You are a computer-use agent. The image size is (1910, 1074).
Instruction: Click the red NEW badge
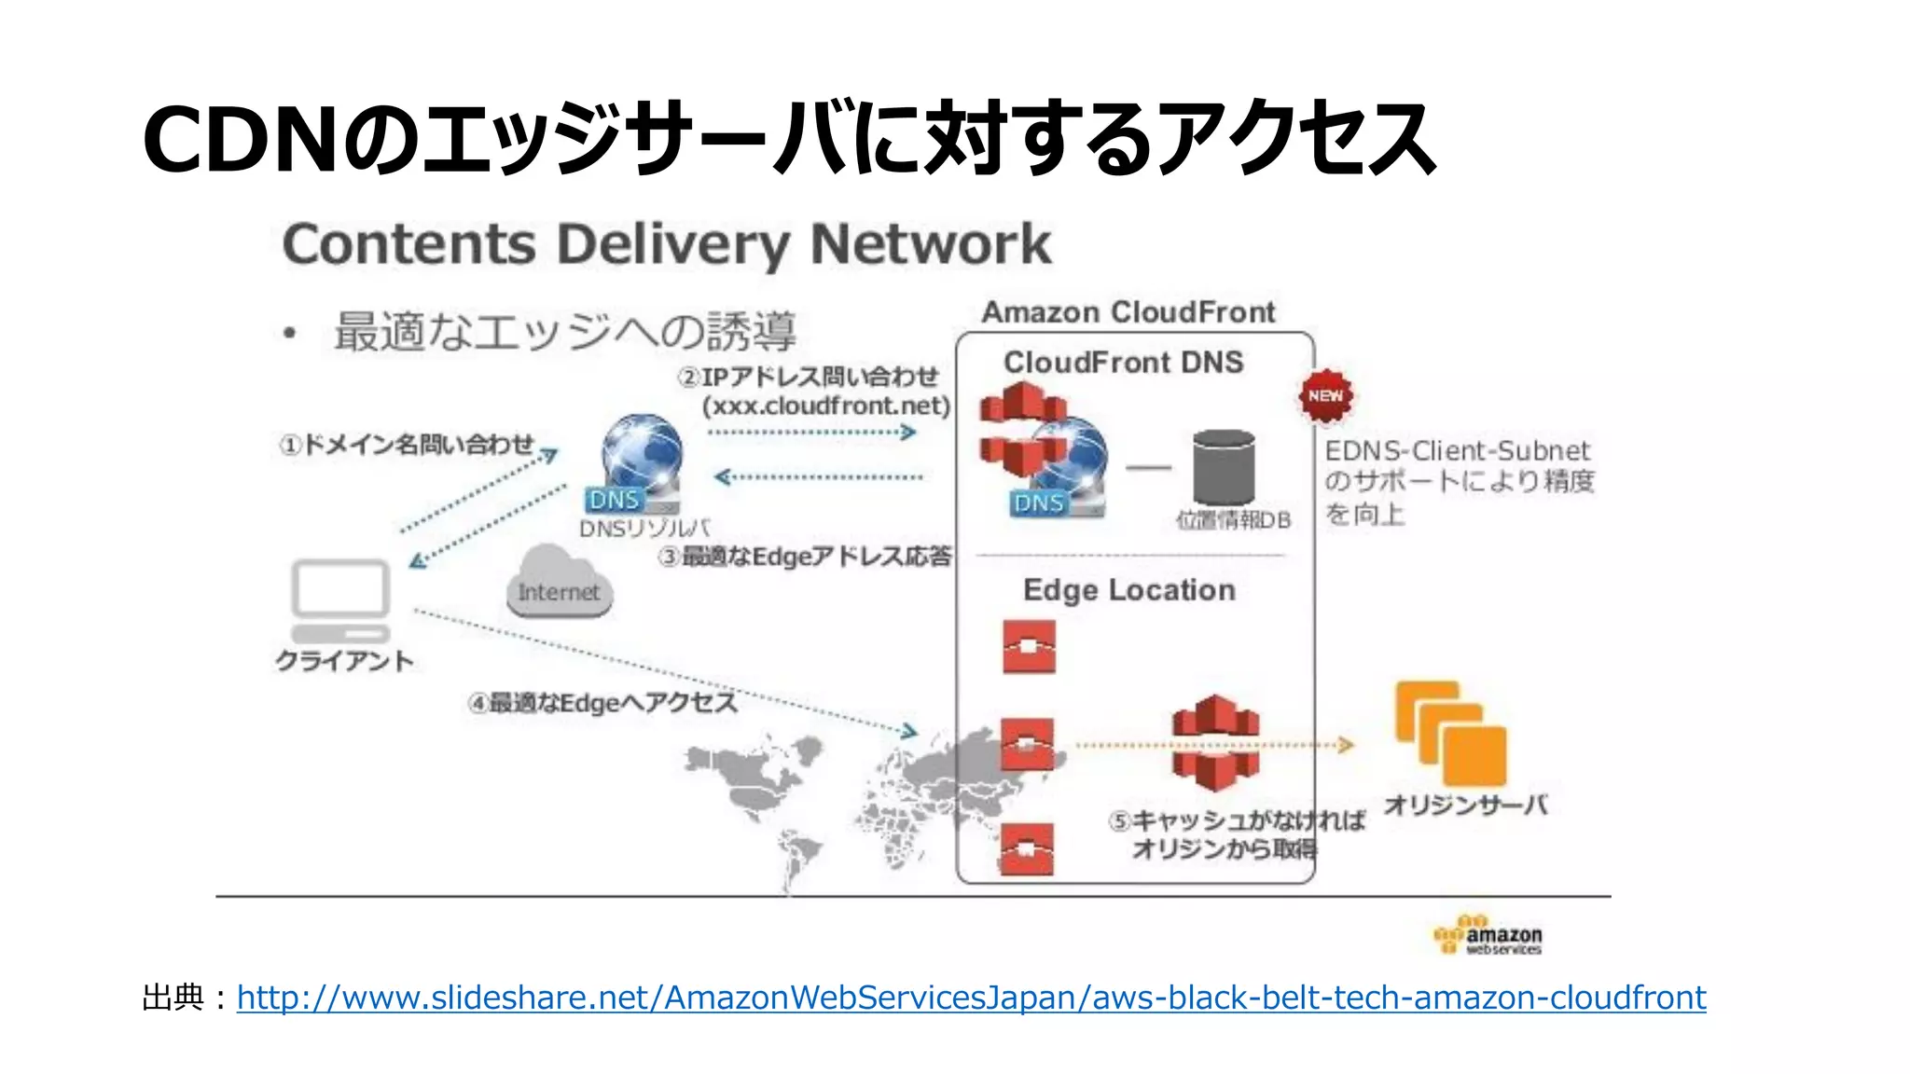click(1325, 396)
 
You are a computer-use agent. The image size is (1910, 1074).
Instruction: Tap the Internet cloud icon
click(559, 584)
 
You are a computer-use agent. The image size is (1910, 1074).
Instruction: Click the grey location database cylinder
click(1224, 467)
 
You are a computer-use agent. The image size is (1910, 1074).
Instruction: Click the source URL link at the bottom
click(971, 998)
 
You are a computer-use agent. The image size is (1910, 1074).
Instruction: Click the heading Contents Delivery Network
click(667, 244)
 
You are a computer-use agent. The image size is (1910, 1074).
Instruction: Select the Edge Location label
click(1128, 590)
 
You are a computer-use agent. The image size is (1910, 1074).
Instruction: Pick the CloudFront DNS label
click(1123, 362)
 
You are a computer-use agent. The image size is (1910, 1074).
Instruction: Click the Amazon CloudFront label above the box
click(1128, 312)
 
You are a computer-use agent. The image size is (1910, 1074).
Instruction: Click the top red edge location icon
click(1029, 646)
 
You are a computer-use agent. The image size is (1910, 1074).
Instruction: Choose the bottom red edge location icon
click(1027, 848)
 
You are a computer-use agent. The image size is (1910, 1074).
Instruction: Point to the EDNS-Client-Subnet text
click(1457, 451)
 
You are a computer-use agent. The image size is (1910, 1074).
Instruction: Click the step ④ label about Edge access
click(602, 702)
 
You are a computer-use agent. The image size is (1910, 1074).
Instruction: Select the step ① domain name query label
click(408, 445)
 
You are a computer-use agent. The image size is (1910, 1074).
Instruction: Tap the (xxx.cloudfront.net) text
click(826, 406)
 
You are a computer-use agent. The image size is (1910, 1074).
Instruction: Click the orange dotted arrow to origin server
click(1212, 745)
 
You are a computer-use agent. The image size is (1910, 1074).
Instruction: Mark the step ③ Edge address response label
click(805, 557)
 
